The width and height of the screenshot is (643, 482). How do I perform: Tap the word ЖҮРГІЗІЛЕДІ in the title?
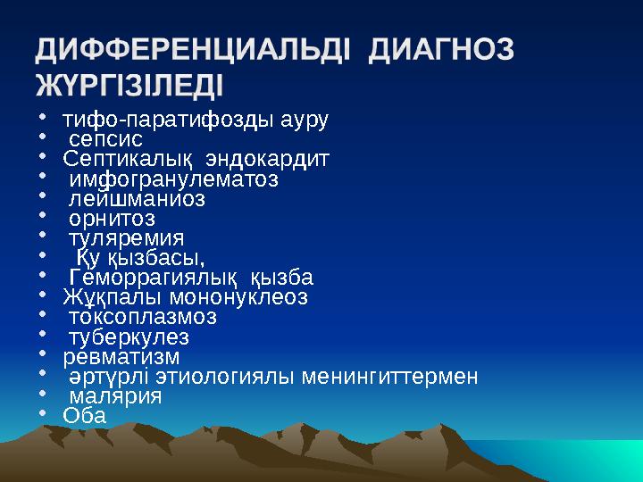(x=130, y=87)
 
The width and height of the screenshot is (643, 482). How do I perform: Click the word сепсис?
(x=106, y=139)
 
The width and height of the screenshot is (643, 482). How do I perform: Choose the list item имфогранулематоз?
(x=173, y=179)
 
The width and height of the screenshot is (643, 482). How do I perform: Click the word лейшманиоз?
(x=137, y=199)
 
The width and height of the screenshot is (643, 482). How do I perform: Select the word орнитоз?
(x=113, y=219)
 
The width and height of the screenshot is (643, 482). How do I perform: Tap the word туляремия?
(x=127, y=238)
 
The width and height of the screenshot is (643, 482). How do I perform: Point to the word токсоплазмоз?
(x=143, y=317)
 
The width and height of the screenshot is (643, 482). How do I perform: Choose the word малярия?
(x=116, y=396)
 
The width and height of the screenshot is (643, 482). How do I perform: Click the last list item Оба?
(x=84, y=416)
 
